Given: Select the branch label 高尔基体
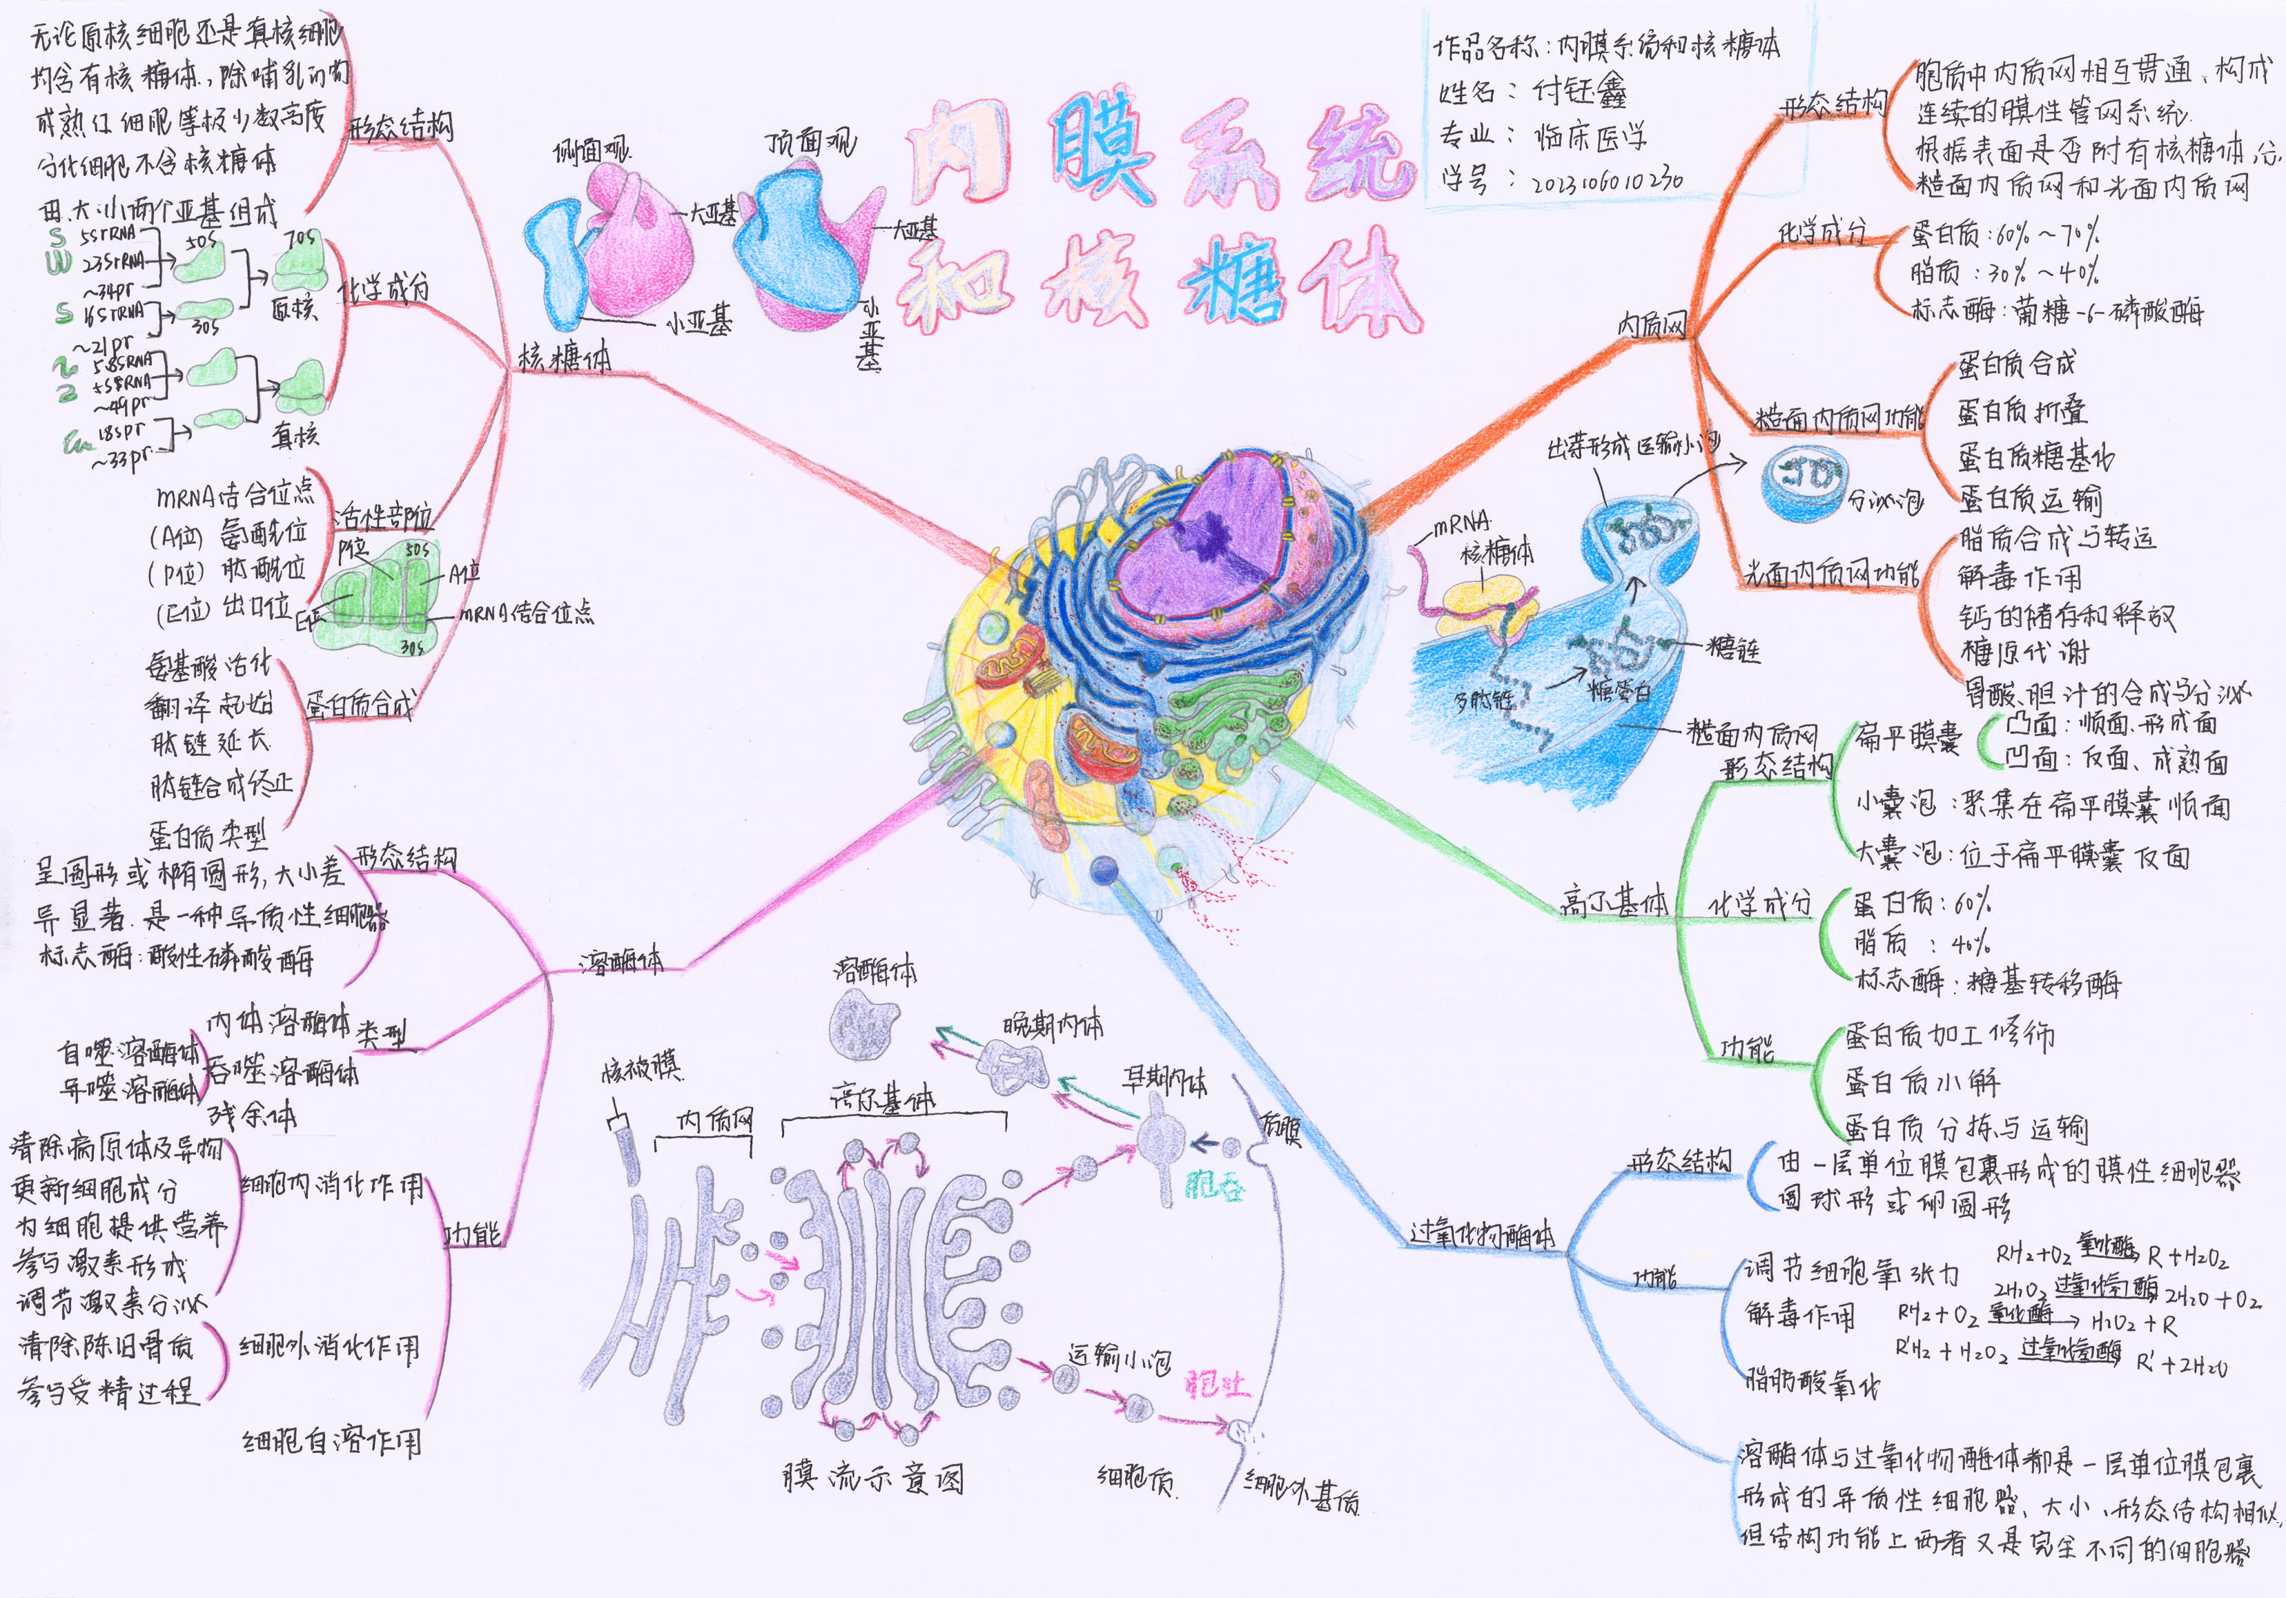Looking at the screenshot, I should tap(1614, 902).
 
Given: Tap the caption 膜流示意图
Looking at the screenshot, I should tap(873, 1477).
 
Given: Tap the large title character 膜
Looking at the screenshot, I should tap(1103, 149).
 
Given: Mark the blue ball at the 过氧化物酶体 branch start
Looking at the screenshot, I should tap(1103, 870).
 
